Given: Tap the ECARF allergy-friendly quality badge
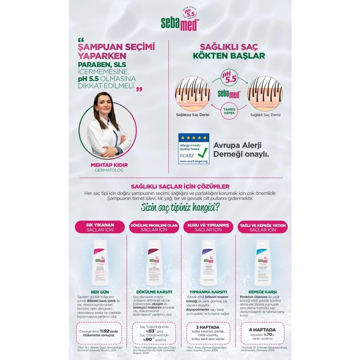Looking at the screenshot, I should click(194, 149).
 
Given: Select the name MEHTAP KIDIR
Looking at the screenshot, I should click(104, 165).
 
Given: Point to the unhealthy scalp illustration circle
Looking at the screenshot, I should click(192, 94).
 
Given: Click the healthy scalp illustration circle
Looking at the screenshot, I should click(265, 94).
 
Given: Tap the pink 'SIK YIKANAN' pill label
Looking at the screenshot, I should click(100, 227).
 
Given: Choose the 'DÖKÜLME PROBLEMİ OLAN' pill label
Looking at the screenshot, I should click(154, 227).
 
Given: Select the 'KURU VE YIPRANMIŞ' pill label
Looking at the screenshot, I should click(208, 227).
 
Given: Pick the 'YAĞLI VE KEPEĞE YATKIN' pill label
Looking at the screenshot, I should click(262, 227).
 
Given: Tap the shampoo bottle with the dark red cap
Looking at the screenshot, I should click(154, 262).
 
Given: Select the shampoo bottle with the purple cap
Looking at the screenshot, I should click(208, 262).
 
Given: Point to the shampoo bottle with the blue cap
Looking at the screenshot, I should click(262, 262).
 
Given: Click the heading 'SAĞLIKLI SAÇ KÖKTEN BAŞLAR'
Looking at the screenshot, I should click(229, 51).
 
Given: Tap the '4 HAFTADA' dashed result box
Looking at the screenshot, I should click(262, 333).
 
